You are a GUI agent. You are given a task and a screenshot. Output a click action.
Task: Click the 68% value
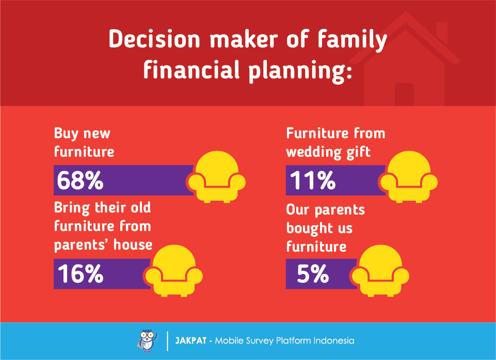point(80,180)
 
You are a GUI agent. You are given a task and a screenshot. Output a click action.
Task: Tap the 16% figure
point(81,273)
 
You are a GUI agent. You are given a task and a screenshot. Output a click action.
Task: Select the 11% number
point(313,180)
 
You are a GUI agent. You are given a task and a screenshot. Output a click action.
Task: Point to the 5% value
point(313,273)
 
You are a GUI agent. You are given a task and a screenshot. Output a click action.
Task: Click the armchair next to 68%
point(217,177)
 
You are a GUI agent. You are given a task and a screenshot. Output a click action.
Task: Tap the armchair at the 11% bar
point(409,177)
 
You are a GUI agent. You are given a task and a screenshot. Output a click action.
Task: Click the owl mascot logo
point(148,341)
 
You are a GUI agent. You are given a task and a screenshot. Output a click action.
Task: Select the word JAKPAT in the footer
point(191,341)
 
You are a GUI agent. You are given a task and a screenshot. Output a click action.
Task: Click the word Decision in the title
point(154,39)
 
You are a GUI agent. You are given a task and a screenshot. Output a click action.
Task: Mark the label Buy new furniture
point(84,142)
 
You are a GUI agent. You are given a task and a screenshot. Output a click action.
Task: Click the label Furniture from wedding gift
point(335,142)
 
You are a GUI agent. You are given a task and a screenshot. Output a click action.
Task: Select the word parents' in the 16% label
point(81,245)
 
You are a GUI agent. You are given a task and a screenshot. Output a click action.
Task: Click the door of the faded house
point(404,94)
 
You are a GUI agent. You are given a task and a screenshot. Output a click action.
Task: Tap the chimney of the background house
point(442,31)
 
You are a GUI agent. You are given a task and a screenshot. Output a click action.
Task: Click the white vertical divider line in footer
point(167,341)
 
